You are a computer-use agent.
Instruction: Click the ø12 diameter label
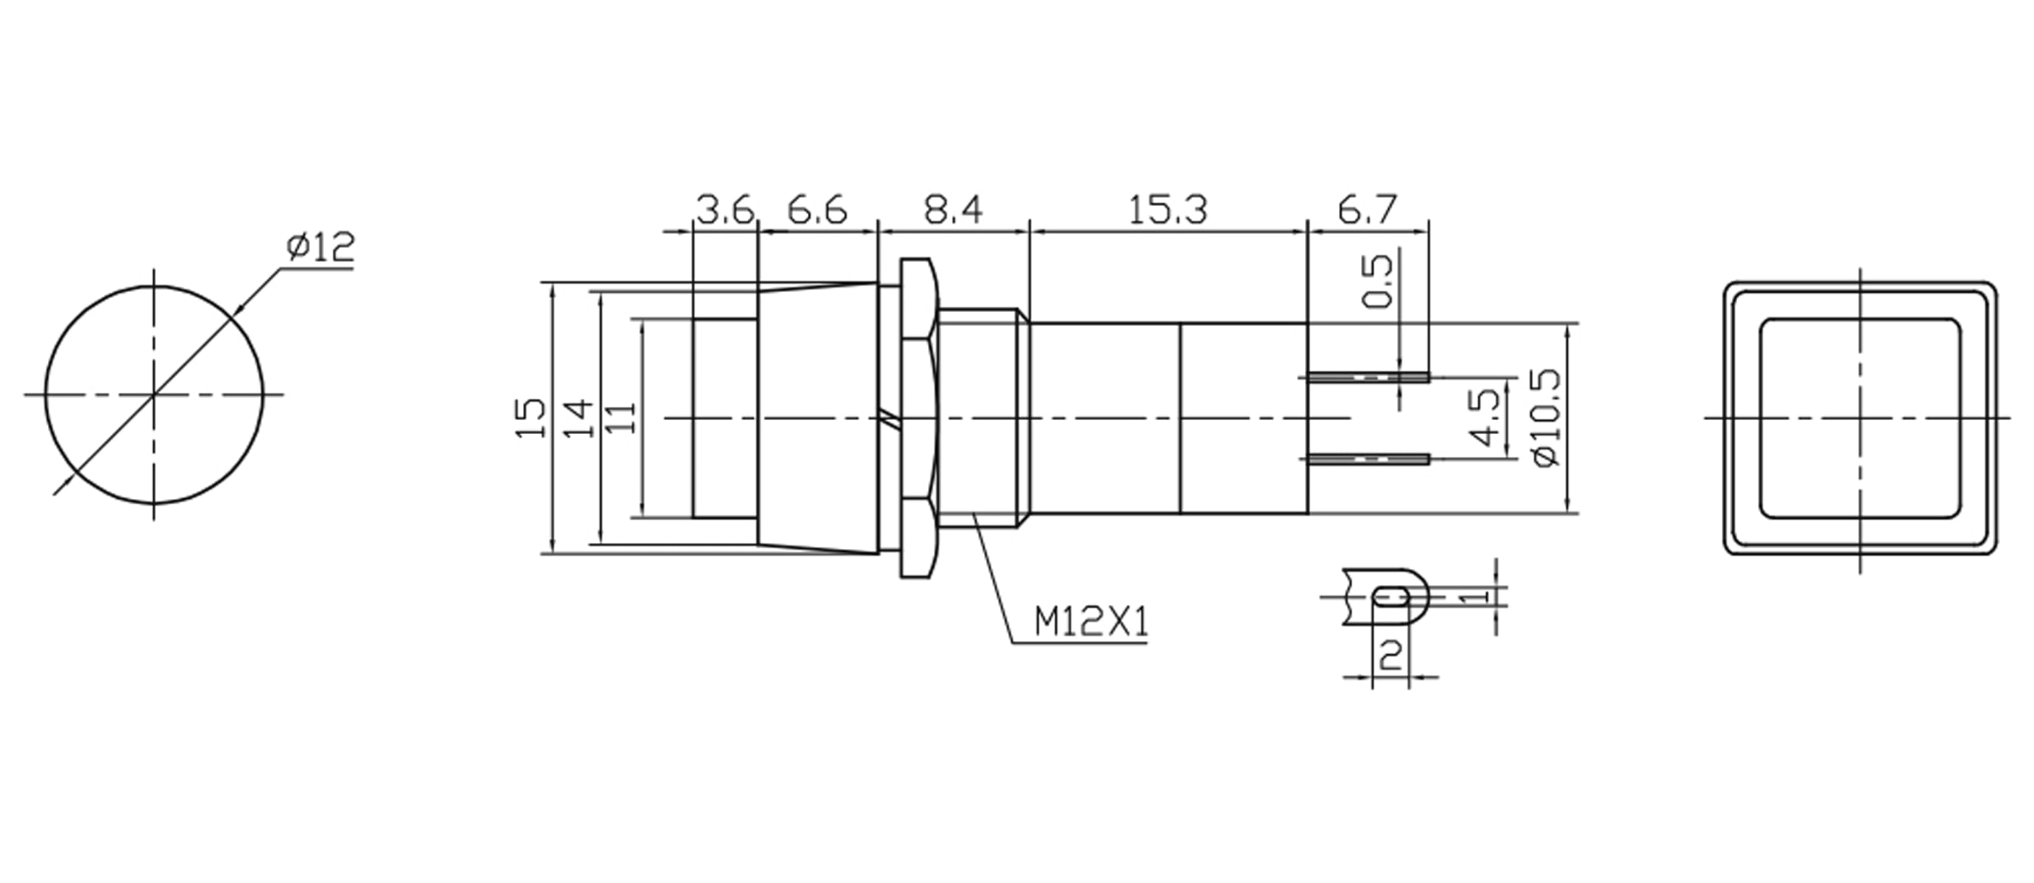click(320, 248)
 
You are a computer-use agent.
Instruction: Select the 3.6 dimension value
click(725, 210)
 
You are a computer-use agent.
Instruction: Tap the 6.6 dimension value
click(817, 210)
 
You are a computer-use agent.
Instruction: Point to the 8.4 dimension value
click(953, 210)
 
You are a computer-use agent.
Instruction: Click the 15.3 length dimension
click(1168, 210)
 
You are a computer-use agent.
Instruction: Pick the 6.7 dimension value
click(1368, 210)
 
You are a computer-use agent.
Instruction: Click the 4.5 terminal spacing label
click(1488, 417)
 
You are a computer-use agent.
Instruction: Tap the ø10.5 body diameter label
click(1546, 417)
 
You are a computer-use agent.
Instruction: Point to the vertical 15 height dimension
click(532, 417)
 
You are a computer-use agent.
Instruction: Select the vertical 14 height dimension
click(578, 417)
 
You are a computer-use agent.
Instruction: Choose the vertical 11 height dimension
click(623, 417)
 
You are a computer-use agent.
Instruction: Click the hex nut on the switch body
click(918, 417)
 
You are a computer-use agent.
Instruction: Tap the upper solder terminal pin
click(1368, 377)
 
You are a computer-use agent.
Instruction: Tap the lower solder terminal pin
click(1368, 459)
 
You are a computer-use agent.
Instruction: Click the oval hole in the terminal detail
click(1390, 596)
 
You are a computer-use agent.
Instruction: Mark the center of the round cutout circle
click(153, 394)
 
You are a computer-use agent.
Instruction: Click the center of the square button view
click(1860, 417)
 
